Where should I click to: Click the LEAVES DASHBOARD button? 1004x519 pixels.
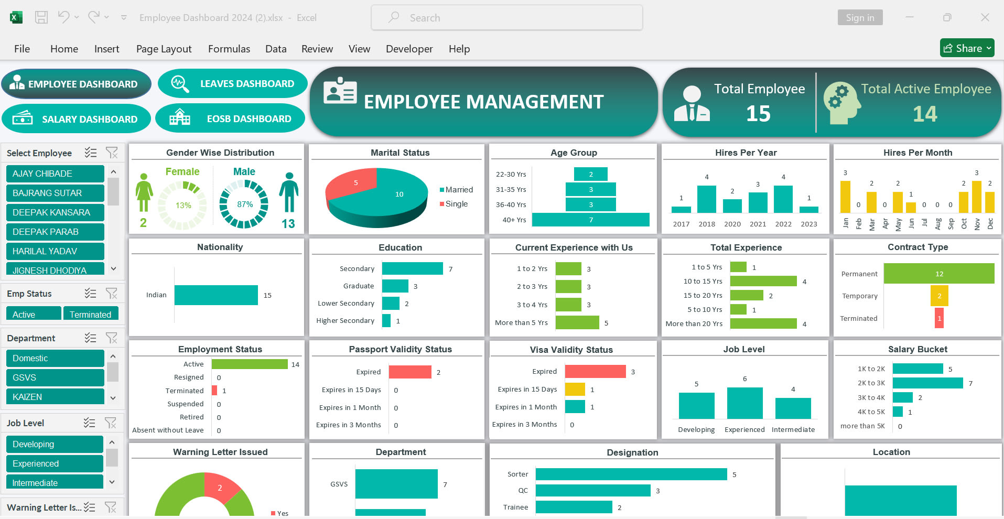233,84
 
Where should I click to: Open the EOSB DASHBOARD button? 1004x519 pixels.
231,119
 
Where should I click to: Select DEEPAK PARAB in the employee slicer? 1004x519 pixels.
55,232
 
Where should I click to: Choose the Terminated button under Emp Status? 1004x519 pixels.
90,315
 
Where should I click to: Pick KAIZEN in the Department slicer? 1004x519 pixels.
55,397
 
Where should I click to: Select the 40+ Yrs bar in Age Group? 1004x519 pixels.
590,220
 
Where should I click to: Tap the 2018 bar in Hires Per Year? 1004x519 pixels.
707,199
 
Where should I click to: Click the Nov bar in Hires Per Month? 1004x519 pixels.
976,197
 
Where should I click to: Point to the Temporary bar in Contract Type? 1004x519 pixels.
939,296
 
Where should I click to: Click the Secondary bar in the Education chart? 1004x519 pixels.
412,269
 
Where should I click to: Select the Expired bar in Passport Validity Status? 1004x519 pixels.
409,372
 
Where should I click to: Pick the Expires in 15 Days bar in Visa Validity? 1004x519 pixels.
575,390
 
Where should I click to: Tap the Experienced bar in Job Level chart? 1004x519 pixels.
744,403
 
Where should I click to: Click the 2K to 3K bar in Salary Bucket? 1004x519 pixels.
927,383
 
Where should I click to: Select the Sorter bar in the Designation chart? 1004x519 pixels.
631,474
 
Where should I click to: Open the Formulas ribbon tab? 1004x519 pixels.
229,49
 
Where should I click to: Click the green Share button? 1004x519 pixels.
967,48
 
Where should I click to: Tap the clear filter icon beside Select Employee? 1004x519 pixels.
112,153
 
